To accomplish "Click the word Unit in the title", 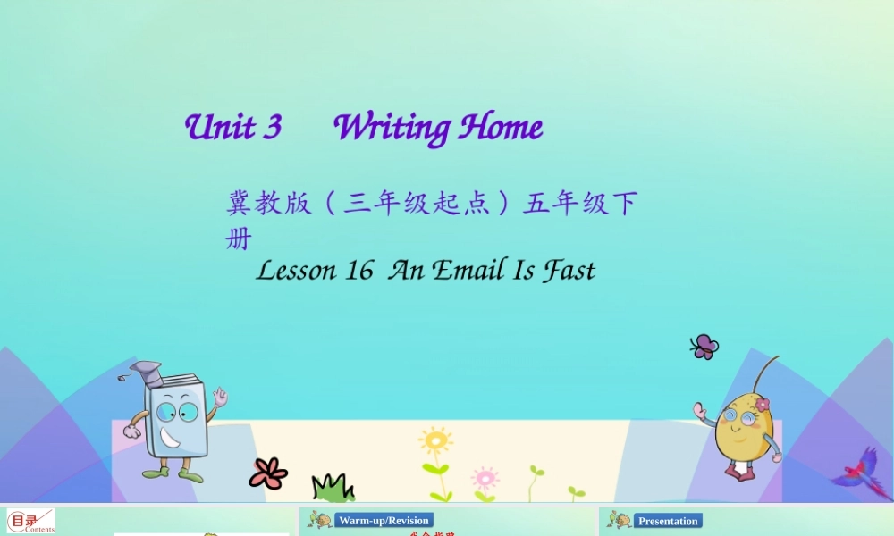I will pyautogui.click(x=218, y=128).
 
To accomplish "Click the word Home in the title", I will pyautogui.click(x=501, y=129).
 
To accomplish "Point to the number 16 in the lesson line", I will pyautogui.click(x=358, y=270).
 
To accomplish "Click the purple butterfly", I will pyautogui.click(x=704, y=347).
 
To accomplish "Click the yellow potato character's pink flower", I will pyautogui.click(x=762, y=405).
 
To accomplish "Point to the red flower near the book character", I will pyautogui.click(x=268, y=473).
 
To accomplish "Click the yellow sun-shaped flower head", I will pyautogui.click(x=435, y=440).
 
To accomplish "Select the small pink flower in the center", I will pyautogui.click(x=485, y=476).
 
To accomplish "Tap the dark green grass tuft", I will pyautogui.click(x=333, y=488).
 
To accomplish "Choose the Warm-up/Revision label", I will pyautogui.click(x=384, y=521).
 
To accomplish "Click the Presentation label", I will pyautogui.click(x=668, y=521).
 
